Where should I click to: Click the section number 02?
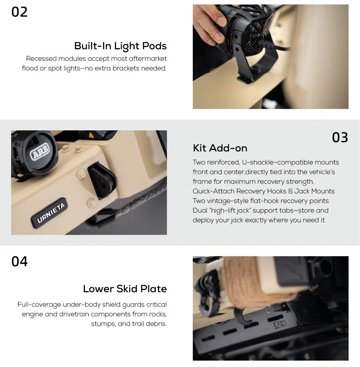pos(19,12)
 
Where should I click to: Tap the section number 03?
pos(340,137)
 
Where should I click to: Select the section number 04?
pos(19,261)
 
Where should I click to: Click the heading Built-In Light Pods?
pos(120,46)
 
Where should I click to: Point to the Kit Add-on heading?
pos(220,148)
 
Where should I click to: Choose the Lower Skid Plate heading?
pos(125,288)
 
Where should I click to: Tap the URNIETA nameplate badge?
pos(49,213)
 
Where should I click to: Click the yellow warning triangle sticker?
pos(91,135)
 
